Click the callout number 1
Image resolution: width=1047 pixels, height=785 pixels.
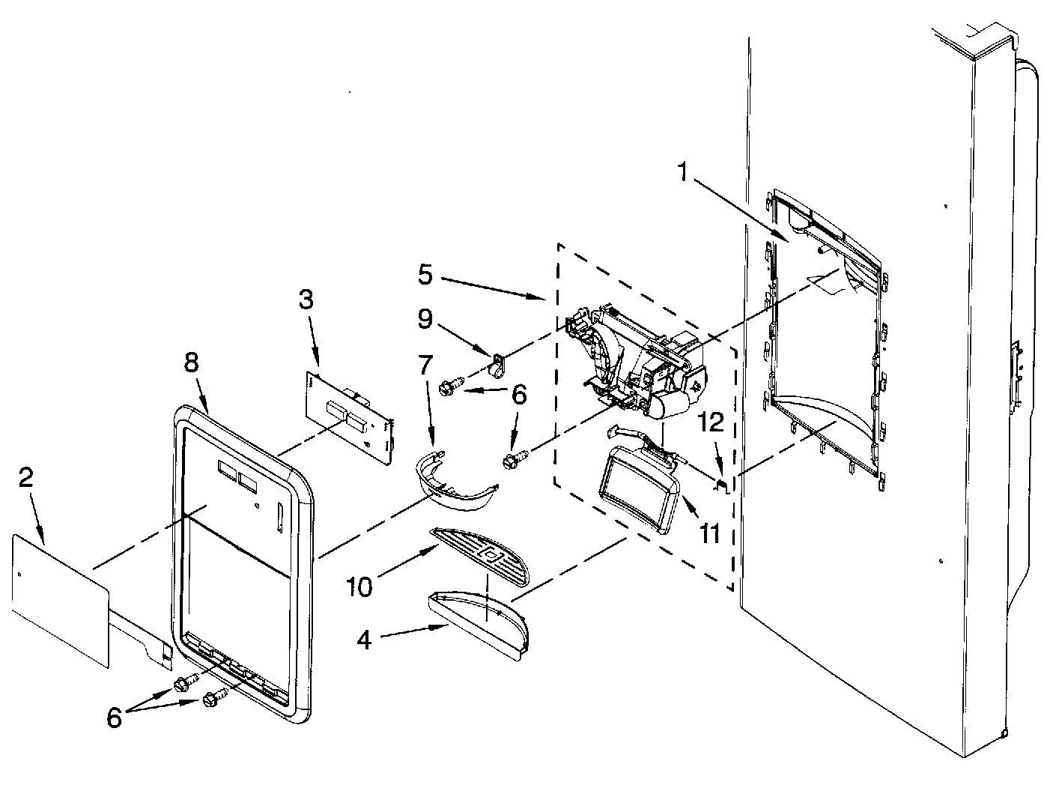click(682, 174)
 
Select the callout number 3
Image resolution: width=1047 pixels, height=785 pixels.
click(306, 300)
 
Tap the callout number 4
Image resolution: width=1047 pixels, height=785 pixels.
click(364, 640)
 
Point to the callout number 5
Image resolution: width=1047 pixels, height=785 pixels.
click(425, 275)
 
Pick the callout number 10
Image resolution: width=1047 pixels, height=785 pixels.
click(359, 587)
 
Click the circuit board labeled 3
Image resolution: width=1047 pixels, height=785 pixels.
click(348, 416)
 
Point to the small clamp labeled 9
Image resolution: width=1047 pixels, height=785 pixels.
click(497, 365)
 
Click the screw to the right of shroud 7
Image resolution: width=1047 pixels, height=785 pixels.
click(516, 458)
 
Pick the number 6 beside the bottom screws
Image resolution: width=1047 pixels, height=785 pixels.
click(114, 718)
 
